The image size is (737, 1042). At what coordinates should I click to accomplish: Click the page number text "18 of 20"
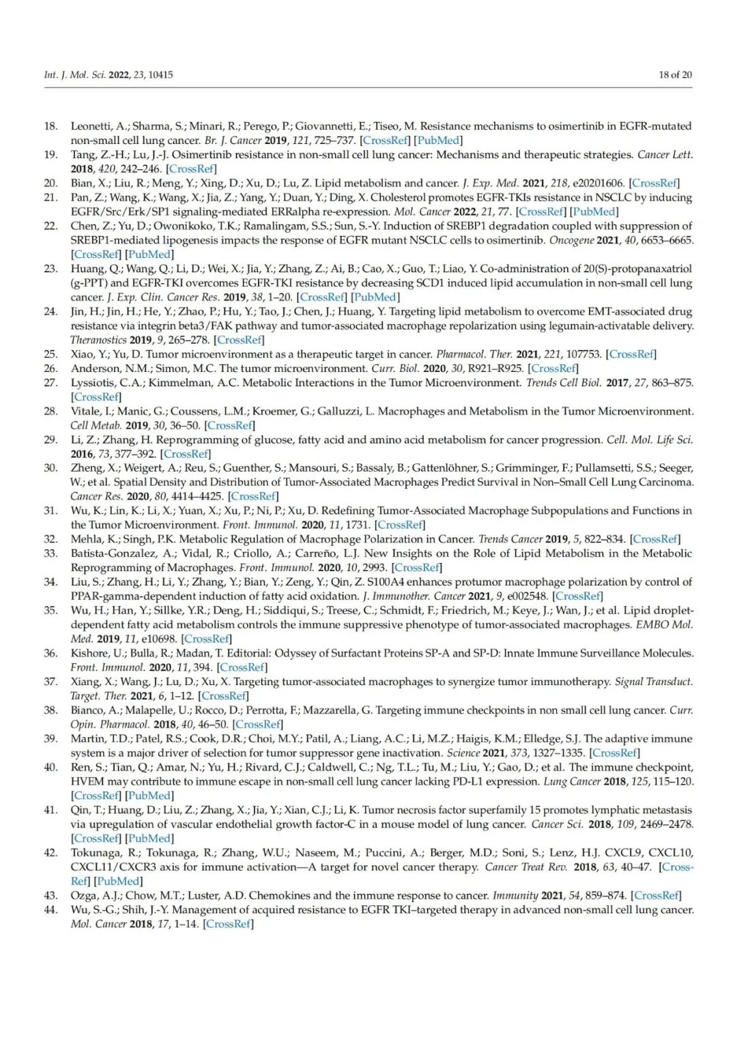[674, 75]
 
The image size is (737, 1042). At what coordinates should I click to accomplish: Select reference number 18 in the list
[50, 126]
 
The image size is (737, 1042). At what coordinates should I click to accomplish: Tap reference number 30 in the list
[50, 468]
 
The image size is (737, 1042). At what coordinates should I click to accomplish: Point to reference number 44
[50, 910]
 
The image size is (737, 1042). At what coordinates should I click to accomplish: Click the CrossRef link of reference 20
[654, 183]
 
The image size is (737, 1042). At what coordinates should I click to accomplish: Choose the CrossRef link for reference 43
[656, 895]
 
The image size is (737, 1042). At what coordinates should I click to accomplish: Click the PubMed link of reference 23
[375, 297]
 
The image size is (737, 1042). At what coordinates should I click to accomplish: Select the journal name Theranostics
[98, 340]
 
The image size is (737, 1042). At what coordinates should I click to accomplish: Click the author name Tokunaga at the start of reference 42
[94, 852]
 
